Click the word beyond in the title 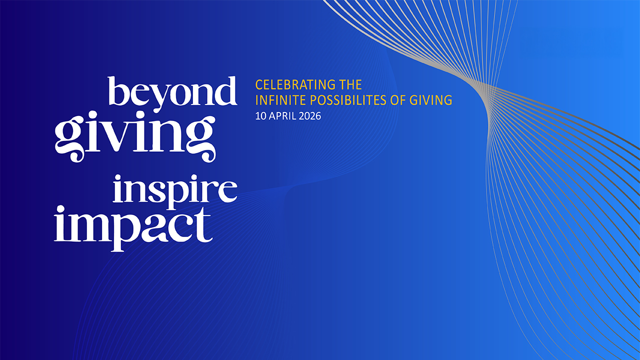click(172, 93)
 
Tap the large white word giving click(135, 136)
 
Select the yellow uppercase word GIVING click(431, 100)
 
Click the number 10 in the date click(260, 116)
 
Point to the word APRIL click(282, 116)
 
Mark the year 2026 click(310, 116)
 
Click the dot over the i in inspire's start click(118, 178)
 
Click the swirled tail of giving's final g click(207, 154)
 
